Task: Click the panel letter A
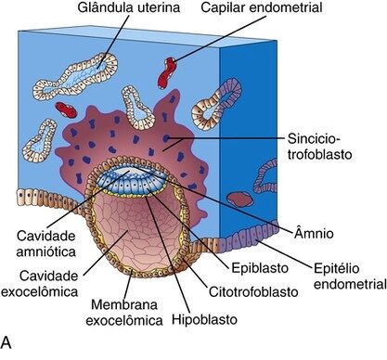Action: (7, 345)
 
